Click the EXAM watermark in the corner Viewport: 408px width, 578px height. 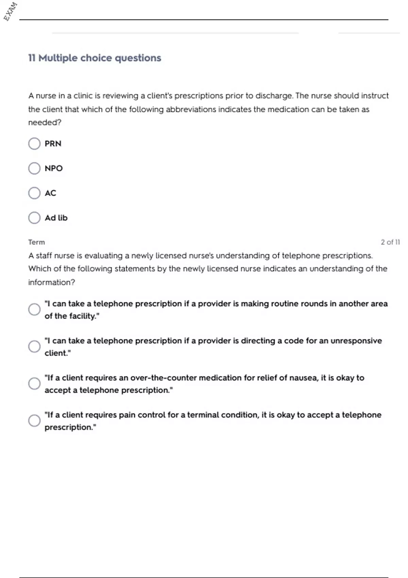pos(10,11)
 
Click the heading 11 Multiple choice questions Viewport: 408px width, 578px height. pos(95,58)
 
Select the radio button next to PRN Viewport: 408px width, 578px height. pos(34,143)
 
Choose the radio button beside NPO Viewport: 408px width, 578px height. pos(34,168)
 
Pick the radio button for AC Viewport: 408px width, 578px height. pos(34,193)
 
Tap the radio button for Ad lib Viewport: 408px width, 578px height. pos(34,218)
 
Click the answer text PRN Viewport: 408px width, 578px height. pos(53,143)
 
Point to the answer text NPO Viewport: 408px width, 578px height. pos(54,168)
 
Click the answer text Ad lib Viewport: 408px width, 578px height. pos(56,218)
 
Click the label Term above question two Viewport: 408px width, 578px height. pos(36,242)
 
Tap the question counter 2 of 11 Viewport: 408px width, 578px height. pos(390,242)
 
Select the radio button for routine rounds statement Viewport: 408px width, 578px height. pos(34,309)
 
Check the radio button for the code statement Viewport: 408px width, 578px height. pos(34,346)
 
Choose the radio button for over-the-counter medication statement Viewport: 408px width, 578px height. pos(34,384)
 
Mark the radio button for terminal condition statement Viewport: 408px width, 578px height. pos(34,421)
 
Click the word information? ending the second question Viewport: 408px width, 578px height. pos(52,282)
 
